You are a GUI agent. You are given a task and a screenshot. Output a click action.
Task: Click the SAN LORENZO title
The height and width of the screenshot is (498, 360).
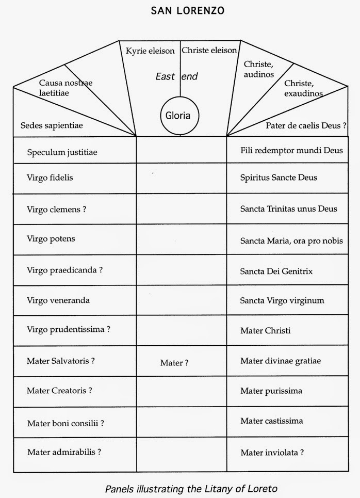180,10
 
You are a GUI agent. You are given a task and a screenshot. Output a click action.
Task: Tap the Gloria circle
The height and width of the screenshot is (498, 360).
178,115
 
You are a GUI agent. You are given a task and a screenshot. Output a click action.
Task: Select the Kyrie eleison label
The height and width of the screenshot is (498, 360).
150,51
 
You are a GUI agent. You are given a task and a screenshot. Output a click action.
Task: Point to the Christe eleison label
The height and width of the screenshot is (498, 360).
209,50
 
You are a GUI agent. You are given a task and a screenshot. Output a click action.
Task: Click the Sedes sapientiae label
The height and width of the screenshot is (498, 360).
52,125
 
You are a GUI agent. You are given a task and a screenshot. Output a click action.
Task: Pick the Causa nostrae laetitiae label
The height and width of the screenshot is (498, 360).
66,87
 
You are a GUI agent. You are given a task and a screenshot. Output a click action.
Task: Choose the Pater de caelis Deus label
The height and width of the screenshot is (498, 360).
305,125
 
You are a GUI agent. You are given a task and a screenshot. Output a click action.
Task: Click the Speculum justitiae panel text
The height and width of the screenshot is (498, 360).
62,152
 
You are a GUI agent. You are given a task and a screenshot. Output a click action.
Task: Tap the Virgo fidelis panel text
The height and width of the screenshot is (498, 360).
50,178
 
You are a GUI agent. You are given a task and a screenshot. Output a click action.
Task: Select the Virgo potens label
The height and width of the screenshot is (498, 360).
51,238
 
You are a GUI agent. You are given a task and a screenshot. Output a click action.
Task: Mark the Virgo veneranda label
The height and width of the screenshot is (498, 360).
58,300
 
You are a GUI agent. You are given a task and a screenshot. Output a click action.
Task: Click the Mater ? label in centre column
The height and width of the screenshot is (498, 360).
174,363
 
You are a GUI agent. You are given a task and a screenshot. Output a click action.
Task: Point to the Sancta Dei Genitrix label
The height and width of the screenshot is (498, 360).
276,271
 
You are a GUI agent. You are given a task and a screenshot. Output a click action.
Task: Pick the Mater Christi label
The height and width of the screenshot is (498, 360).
266,330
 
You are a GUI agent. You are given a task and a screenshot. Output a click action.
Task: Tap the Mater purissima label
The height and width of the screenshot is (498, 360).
271,391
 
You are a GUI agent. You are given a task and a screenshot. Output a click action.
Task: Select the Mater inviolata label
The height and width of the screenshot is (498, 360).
272,453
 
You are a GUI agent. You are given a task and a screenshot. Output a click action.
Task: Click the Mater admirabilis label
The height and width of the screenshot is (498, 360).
63,452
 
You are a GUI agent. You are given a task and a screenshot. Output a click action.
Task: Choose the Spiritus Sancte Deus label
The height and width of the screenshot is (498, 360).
279,178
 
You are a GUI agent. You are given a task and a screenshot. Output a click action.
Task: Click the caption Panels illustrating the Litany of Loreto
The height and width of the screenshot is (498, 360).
194,488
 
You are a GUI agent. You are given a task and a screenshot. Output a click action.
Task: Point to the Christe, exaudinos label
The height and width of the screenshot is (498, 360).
303,89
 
